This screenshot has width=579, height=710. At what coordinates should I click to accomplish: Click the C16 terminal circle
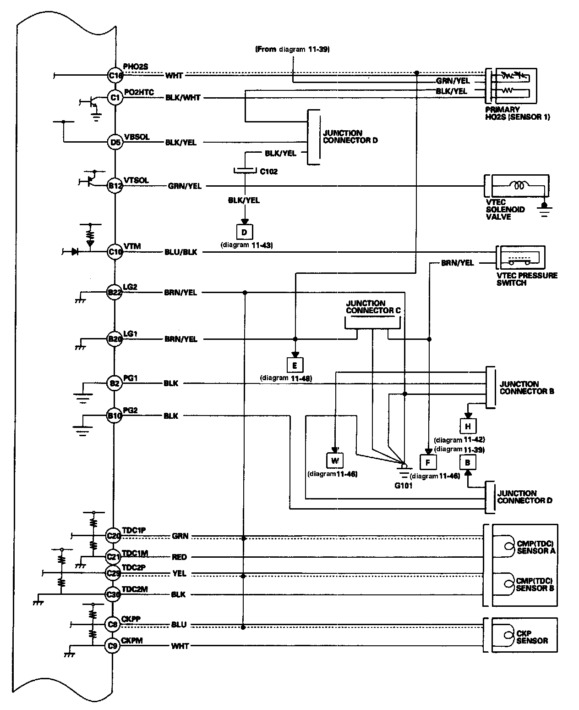(115, 75)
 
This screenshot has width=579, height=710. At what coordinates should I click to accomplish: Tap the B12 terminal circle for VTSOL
(115, 186)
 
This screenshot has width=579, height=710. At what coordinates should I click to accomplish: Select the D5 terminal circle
(115, 142)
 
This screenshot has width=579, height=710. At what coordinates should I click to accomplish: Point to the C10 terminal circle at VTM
(115, 252)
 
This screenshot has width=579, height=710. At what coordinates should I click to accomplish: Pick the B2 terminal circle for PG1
(115, 383)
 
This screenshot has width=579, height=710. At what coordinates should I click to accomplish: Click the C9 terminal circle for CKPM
(113, 646)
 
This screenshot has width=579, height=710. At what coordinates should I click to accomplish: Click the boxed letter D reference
(244, 232)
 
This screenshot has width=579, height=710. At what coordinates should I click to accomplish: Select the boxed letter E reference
(295, 365)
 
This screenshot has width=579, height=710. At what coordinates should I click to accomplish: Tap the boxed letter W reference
(334, 460)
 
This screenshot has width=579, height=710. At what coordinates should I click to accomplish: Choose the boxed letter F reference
(428, 462)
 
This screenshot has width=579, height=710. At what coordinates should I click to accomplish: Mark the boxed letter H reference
(468, 426)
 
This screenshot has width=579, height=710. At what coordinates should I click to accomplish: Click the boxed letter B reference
(468, 462)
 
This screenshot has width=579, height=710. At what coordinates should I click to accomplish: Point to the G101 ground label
(404, 485)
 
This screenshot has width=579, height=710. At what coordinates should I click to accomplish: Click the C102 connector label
(268, 172)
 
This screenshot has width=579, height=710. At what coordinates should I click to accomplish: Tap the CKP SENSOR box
(524, 635)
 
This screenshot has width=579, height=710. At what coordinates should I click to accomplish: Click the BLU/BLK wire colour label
(181, 252)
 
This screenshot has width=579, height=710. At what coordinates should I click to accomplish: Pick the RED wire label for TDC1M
(179, 557)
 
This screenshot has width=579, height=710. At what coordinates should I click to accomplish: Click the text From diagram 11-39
(292, 49)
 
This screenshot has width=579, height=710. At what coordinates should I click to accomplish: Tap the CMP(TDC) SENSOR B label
(535, 584)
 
